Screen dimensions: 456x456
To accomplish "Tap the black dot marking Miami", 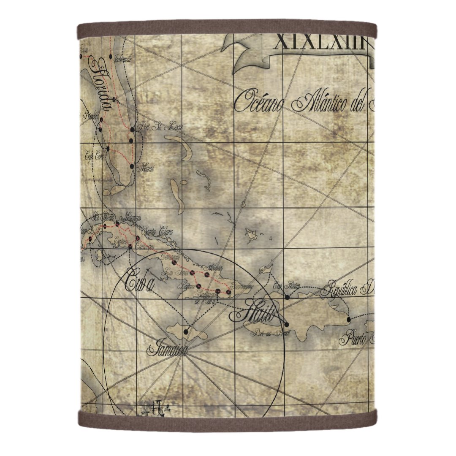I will point(132,166).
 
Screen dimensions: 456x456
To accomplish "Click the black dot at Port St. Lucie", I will point(133,130).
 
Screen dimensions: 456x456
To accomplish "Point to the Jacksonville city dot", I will point(111,56).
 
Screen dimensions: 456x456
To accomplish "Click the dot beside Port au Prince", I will point(287,324).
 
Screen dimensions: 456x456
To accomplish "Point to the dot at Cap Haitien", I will point(287,297).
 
